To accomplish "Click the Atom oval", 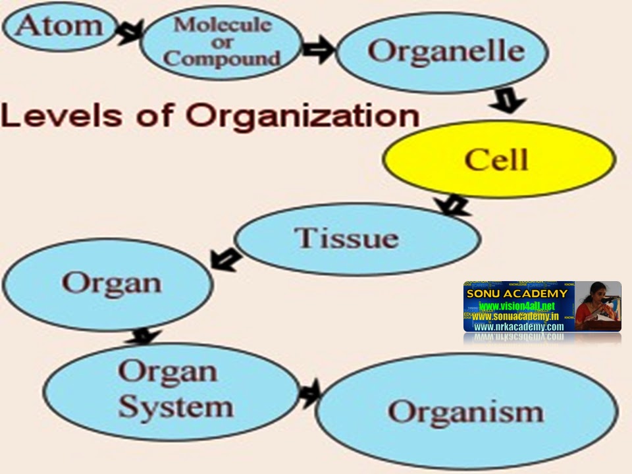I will click(x=59, y=26).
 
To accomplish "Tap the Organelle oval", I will click(x=442, y=51).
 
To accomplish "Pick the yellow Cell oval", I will click(x=499, y=159).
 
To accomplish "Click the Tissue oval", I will click(x=356, y=238).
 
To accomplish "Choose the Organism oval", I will click(x=467, y=411).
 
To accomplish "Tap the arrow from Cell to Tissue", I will click(x=454, y=204).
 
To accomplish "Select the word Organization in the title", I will click(x=302, y=117).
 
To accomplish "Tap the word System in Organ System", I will click(x=176, y=407).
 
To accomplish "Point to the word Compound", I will click(x=222, y=58).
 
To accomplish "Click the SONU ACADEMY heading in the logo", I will click(x=517, y=294).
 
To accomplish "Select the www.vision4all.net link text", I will click(x=517, y=307).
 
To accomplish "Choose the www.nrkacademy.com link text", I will click(x=519, y=327).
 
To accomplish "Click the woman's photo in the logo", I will click(x=598, y=306).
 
